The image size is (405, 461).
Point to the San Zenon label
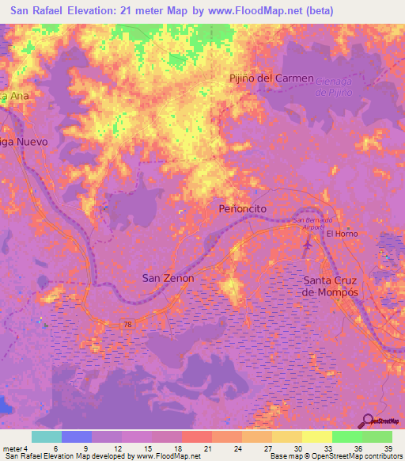[x=168, y=278]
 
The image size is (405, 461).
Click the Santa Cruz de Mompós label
[x=331, y=286]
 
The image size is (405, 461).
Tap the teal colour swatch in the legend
[x=46, y=436]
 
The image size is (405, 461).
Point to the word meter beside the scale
[x=11, y=448]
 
